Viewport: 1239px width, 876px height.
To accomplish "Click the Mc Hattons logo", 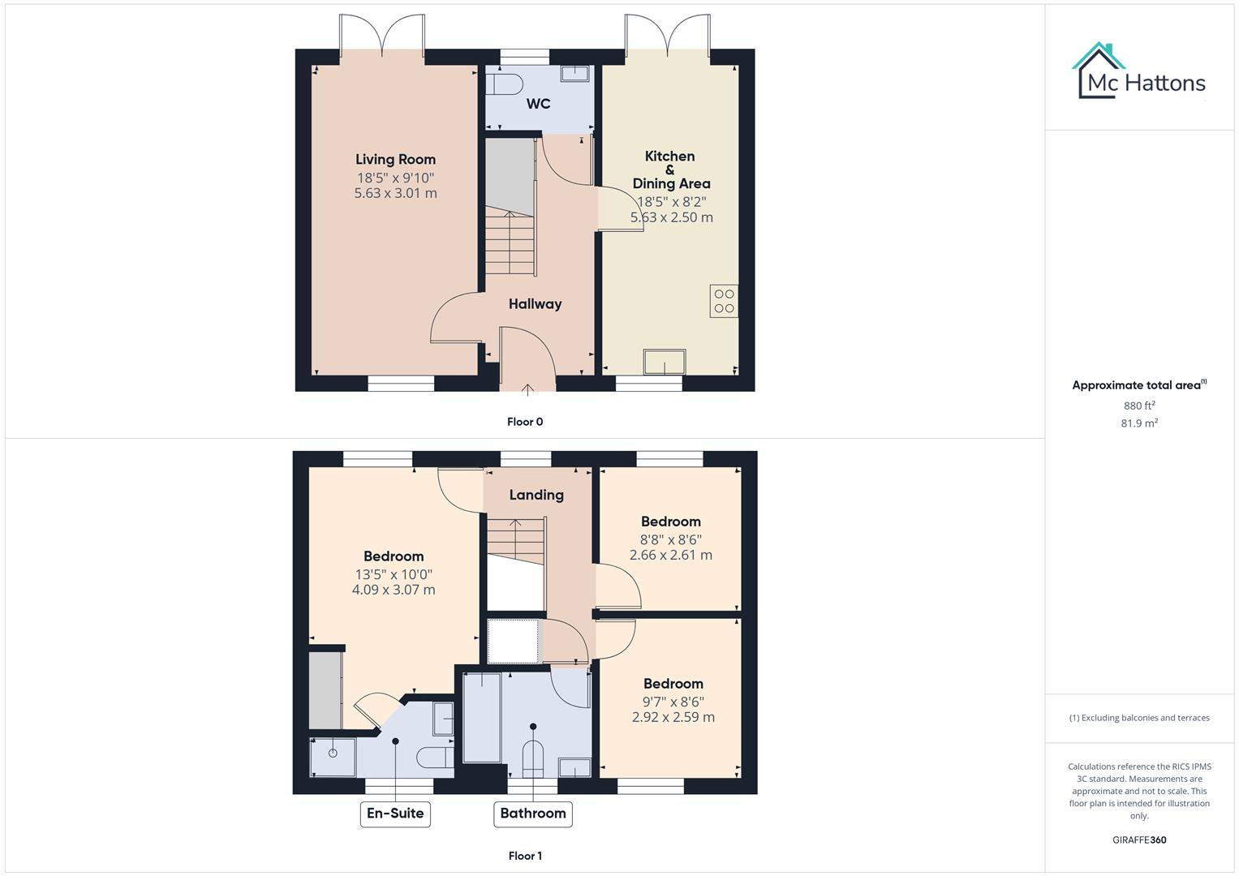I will pos(1140,72).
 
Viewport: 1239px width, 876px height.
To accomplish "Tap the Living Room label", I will pos(395,160).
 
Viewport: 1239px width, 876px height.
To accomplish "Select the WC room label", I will pos(538,104).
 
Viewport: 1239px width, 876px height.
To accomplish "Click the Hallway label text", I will pos(535,304).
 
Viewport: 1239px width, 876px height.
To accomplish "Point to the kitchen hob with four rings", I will pos(724,301).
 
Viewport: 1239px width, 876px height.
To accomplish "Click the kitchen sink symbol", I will pos(665,362).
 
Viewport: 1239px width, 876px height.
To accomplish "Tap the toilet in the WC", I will pos(506,84).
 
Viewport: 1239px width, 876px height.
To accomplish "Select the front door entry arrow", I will pos(527,389).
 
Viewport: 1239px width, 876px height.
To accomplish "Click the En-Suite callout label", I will pos(395,814).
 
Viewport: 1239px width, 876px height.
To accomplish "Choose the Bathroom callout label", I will pos(532,814).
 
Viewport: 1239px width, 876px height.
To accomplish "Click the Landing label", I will pos(536,495).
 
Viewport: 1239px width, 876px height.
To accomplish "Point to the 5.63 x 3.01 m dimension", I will pos(395,194).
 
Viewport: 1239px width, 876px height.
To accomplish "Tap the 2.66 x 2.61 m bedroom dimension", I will pos(671,556).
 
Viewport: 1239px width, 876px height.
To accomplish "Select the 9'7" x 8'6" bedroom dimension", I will pos(673,702).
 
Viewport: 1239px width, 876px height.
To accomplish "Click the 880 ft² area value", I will pos(1139,406).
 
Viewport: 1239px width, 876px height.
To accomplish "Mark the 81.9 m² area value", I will pos(1139,423).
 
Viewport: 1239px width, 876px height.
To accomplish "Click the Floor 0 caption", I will pos(525,422).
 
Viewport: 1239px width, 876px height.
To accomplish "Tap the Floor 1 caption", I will pos(525,856).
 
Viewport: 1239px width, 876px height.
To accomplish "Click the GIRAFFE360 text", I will pos(1139,840).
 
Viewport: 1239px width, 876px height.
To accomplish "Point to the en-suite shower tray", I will pos(333,756).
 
